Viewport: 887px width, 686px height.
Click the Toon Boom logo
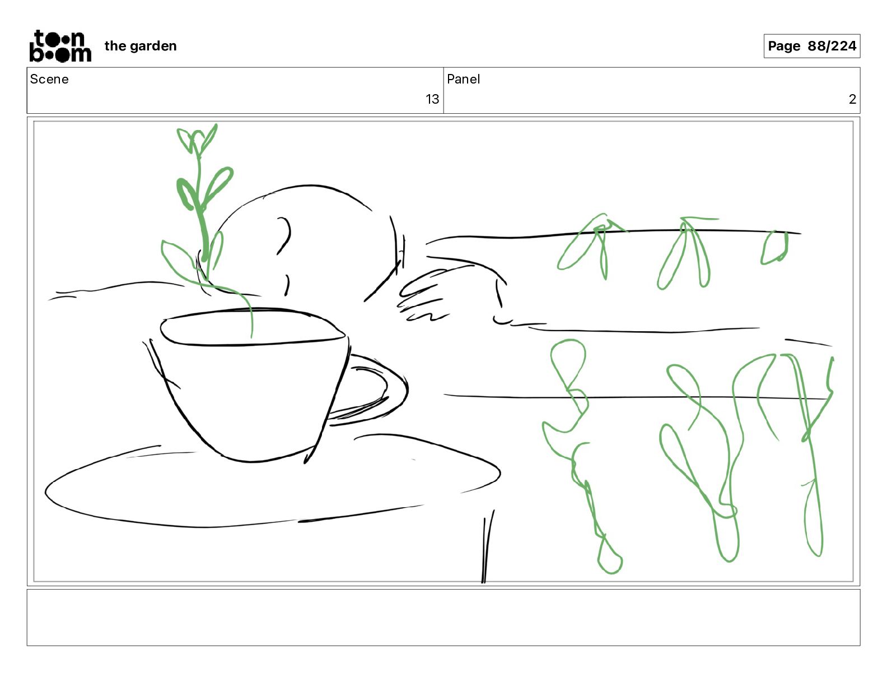coord(60,46)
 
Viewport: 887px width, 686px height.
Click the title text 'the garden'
coord(141,46)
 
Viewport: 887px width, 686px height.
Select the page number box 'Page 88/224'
coord(811,46)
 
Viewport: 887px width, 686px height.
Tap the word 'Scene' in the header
coord(49,79)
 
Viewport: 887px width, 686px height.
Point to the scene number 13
coord(432,99)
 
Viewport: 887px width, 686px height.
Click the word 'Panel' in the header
coord(463,79)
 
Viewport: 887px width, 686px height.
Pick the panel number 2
coord(852,99)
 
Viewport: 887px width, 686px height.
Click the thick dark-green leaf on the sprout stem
coord(186,194)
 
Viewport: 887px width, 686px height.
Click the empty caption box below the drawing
coord(444,618)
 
